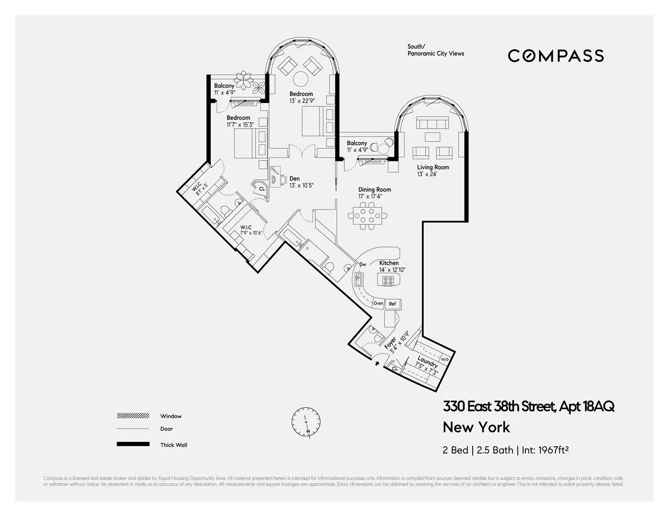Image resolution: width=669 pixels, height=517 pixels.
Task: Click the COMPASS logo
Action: click(555, 56)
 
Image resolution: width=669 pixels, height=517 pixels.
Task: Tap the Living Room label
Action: click(433, 167)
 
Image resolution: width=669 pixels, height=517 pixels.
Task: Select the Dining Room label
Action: click(375, 189)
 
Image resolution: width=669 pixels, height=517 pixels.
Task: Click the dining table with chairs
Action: click(367, 215)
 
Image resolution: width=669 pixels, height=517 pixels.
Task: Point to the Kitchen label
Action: click(389, 263)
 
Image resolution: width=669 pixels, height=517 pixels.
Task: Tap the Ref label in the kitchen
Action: click(392, 304)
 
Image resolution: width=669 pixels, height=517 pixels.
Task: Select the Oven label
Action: click(379, 304)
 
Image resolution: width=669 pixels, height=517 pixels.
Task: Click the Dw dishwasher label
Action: click(362, 264)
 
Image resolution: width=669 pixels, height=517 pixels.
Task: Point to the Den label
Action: click(295, 179)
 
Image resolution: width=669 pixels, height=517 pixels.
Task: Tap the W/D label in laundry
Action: click(444, 360)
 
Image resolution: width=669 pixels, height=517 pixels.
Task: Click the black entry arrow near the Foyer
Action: click(377, 363)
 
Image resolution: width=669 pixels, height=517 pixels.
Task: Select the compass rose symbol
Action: click(306, 421)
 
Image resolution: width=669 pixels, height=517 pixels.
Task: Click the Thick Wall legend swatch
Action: click(133, 444)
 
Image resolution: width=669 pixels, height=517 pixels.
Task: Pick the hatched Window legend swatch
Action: click(133, 416)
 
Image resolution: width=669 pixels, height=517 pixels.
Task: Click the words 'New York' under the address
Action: click(476, 427)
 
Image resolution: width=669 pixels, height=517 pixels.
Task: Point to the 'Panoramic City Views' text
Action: click(435, 53)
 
